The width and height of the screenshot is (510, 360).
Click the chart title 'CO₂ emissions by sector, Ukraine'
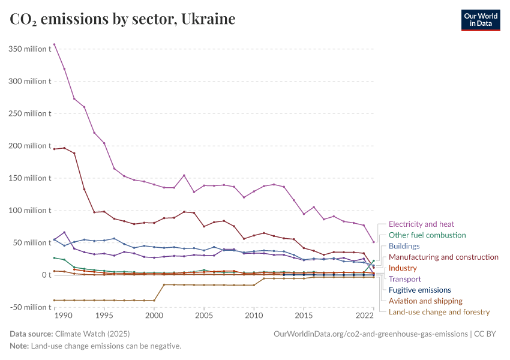122,19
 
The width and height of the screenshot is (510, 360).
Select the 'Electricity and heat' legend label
421,224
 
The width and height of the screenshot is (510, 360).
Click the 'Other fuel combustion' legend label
427,235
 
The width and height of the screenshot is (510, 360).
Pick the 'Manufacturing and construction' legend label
443,257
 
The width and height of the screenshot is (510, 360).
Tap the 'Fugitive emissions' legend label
419,290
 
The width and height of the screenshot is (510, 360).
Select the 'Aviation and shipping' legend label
425,301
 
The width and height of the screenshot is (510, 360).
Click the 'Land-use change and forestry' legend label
439,312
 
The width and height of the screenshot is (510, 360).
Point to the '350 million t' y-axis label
29,49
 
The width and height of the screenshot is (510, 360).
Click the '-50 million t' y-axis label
29,307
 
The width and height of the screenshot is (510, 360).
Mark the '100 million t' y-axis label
29,211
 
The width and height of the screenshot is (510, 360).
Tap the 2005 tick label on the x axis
204,316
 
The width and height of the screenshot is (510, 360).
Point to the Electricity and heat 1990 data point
55,44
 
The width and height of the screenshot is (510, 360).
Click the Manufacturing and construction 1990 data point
55,149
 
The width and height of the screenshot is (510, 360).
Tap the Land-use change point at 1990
55,300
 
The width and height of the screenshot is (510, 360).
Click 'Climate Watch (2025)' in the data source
92,334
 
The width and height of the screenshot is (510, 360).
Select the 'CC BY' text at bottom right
487,334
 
